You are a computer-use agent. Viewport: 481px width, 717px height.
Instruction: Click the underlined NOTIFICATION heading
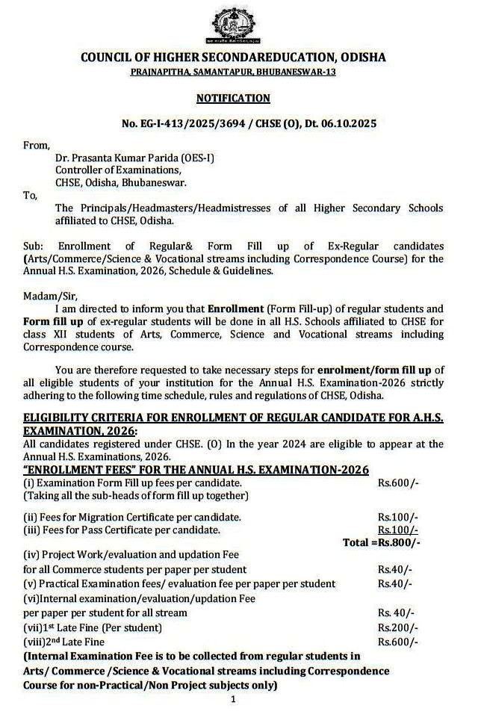233,98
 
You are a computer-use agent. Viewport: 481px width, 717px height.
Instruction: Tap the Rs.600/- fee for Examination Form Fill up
398,483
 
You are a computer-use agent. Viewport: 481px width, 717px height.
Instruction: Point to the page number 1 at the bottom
233,700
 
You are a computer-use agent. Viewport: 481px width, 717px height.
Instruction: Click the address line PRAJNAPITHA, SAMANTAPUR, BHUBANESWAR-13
233,71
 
